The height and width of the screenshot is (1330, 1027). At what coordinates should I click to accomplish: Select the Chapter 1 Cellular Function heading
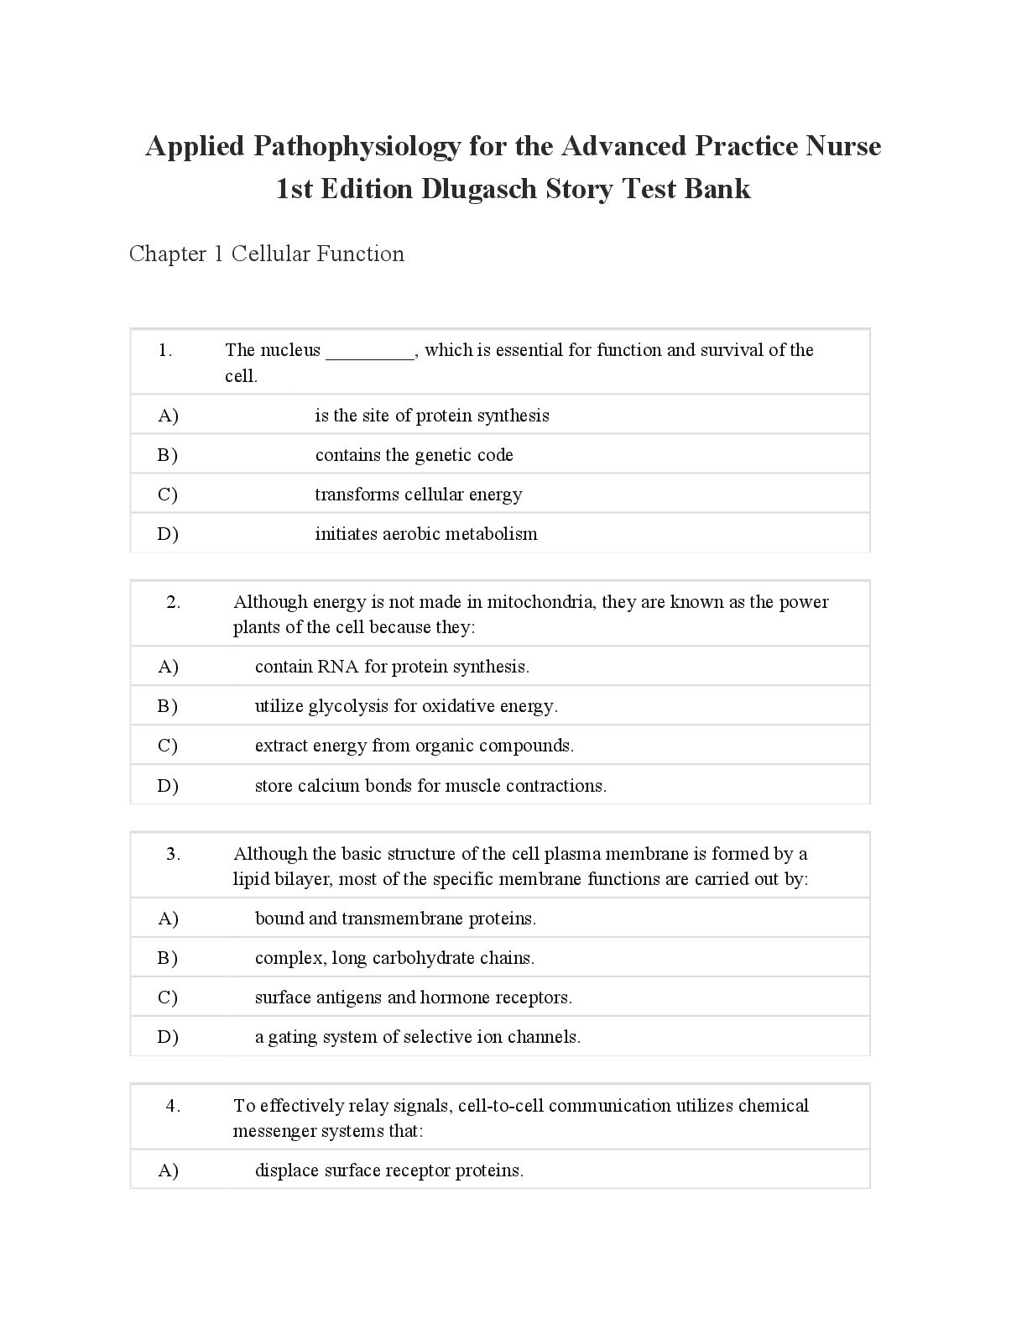pos(267,254)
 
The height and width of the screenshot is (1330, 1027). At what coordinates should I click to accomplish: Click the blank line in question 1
pos(370,352)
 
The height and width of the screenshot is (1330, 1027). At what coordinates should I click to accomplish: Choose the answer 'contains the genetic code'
pos(414,455)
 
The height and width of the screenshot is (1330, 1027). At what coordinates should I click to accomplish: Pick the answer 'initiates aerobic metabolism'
pos(426,534)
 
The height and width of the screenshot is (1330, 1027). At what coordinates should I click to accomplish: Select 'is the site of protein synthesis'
pos(432,416)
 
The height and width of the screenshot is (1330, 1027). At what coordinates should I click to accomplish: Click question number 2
pos(173,602)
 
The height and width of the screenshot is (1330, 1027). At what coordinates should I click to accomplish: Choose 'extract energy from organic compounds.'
pos(414,746)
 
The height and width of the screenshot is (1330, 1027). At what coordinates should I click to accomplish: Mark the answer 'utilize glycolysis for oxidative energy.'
pos(406,706)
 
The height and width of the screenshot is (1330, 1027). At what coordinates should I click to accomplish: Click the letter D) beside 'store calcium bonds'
pos(168,786)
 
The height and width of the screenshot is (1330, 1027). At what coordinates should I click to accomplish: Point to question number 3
pos(173,854)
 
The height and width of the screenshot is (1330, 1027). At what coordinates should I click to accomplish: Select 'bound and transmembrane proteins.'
pos(395,919)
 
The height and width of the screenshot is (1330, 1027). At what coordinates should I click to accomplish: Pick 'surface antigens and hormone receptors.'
pos(414,997)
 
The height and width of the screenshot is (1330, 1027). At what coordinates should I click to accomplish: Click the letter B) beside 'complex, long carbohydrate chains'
pos(168,958)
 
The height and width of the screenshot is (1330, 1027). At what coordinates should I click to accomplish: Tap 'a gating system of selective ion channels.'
pos(418,1037)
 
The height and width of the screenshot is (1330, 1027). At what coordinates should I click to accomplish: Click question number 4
pos(173,1106)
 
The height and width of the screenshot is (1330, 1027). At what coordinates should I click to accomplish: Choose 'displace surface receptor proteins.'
pos(389,1170)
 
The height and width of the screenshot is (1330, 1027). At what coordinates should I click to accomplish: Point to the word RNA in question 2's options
pos(338,667)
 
